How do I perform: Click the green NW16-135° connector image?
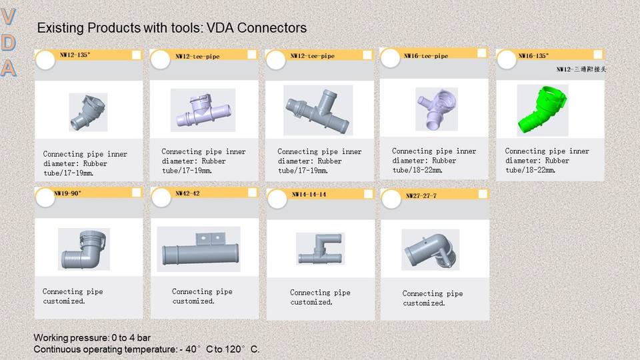541,110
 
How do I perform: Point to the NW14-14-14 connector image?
320,249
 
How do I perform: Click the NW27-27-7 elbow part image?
430,249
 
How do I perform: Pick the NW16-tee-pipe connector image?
436,109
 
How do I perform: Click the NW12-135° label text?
75,55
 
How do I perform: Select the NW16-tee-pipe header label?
426,56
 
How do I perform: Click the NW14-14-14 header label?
309,195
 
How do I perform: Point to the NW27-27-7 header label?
421,195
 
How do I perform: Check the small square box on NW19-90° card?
136,193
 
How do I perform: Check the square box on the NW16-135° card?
597,55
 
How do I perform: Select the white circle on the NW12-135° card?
45,61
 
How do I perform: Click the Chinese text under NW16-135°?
581,69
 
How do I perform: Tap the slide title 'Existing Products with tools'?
171,28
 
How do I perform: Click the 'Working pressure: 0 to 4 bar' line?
92,338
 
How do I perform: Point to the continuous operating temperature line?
147,349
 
